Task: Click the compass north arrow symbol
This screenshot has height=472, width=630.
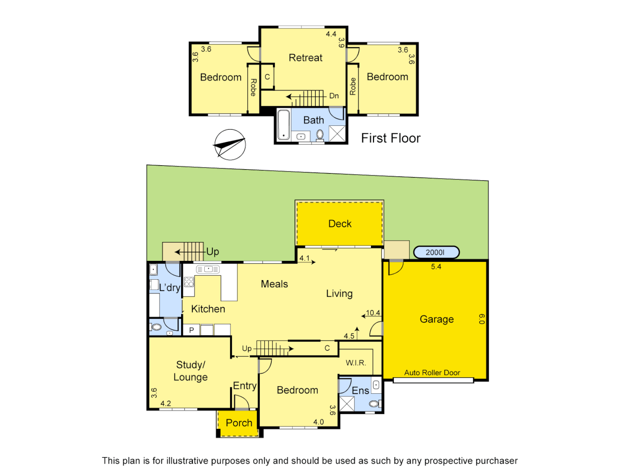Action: coord(230,145)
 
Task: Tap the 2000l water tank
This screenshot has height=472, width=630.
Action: coord(436,252)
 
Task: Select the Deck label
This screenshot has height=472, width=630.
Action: coord(340,224)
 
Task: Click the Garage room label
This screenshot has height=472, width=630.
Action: coord(437,319)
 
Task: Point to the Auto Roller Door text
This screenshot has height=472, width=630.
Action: coord(432,373)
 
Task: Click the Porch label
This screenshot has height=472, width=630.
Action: coord(239,423)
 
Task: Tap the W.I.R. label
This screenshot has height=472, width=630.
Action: coord(356,363)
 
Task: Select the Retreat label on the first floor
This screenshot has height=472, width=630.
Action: coord(305,58)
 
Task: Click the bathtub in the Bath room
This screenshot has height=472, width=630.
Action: coord(283,124)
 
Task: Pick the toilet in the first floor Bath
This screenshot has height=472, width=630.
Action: coord(320,134)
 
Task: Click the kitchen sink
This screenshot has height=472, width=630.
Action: coord(208,269)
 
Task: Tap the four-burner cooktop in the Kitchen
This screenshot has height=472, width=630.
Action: coord(189,281)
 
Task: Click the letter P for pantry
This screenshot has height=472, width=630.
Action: coord(191,330)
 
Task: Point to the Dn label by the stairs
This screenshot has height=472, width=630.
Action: coord(334,96)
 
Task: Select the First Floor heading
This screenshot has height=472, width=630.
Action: coord(391,138)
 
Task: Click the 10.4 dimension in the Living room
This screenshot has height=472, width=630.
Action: coord(373,313)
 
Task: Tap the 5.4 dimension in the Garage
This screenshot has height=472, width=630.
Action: coord(436,267)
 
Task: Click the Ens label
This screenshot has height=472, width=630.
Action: coord(360,391)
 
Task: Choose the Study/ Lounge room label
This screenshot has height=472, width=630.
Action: coord(191,371)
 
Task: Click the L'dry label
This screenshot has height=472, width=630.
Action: coord(170,288)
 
